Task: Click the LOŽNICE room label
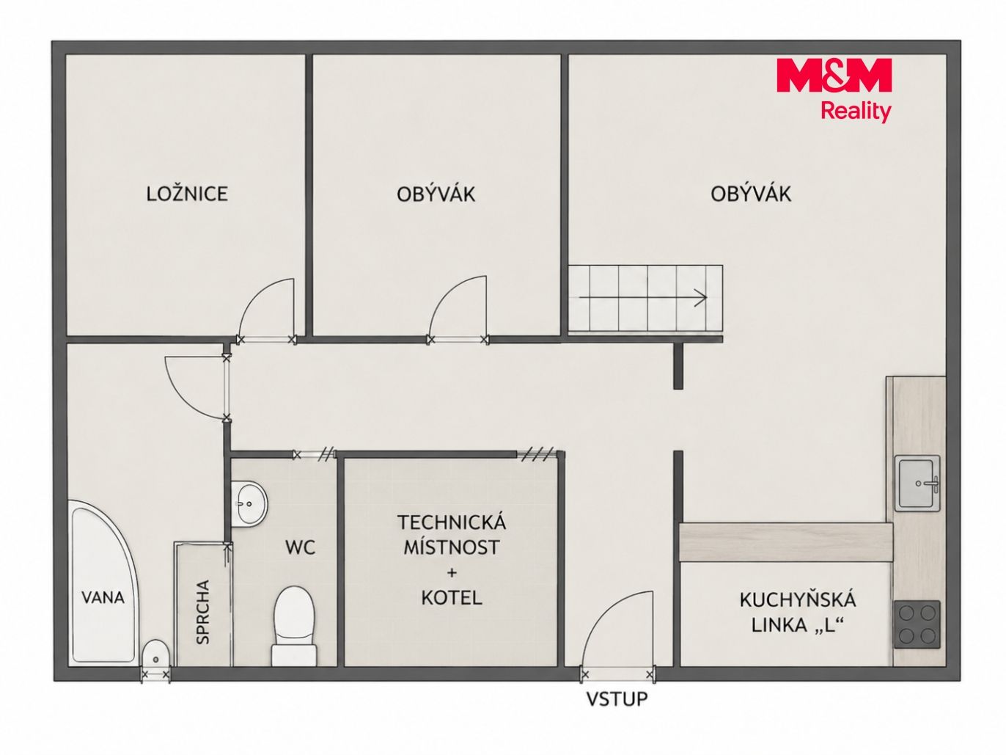(187, 194)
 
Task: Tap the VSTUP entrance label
(617, 699)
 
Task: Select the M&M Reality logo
(834, 90)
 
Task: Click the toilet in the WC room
(294, 626)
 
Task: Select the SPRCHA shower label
(202, 613)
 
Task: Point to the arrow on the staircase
(642, 297)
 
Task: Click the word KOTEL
(452, 598)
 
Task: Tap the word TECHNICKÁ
(452, 522)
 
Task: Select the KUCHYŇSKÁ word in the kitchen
(798, 600)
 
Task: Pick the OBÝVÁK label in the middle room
(436, 194)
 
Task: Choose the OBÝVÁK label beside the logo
(751, 194)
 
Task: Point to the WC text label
(300, 547)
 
